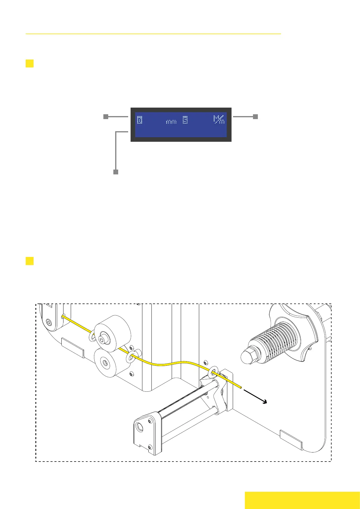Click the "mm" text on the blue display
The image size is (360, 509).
[x=171, y=122]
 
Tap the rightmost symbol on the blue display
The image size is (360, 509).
[x=219, y=120]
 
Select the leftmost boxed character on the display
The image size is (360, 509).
[x=140, y=120]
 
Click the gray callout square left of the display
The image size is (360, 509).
[x=106, y=117]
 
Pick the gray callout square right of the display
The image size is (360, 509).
[x=255, y=117]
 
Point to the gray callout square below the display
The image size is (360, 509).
[x=115, y=172]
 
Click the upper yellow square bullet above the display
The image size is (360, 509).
[x=30, y=63]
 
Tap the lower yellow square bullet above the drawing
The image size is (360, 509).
[x=30, y=261]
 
